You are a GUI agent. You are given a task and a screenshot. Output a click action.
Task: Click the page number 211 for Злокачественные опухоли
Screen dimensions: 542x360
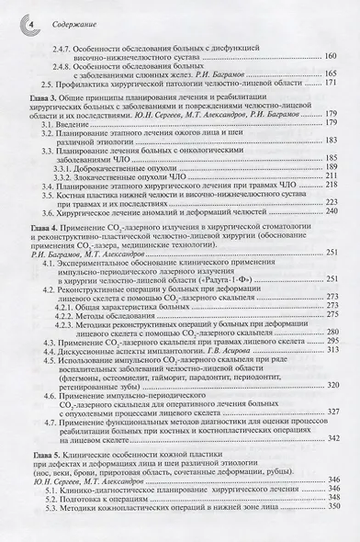pos(332,203)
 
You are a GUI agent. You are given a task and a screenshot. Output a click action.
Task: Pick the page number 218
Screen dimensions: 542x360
pos(332,213)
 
